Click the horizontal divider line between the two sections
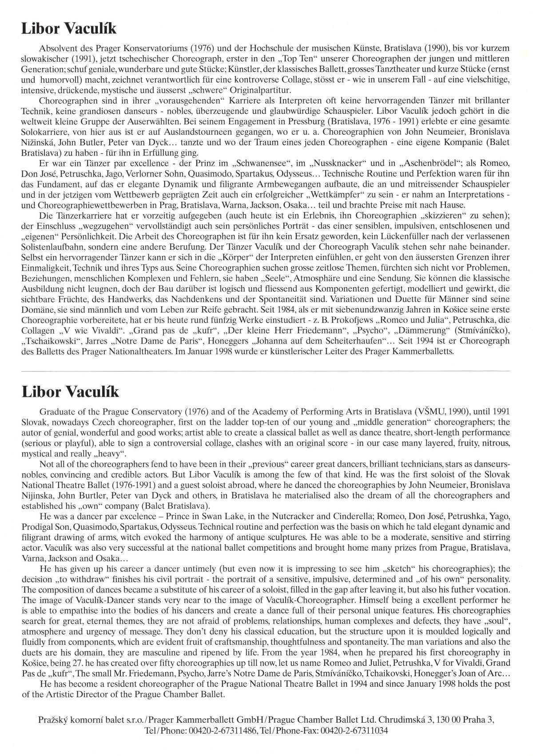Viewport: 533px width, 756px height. [x=266, y=370]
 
